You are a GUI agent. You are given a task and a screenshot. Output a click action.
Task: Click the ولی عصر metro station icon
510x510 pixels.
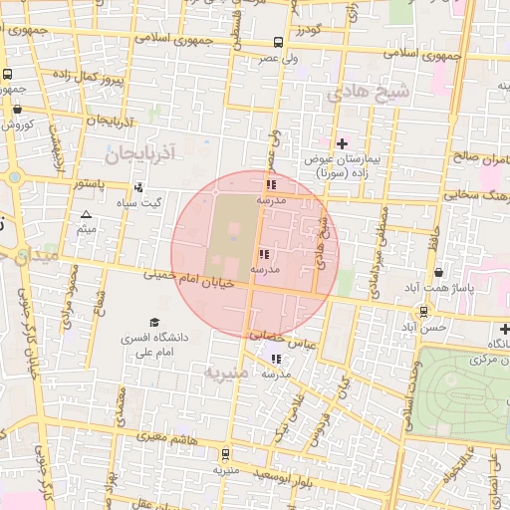pyautogui.click(x=277, y=43)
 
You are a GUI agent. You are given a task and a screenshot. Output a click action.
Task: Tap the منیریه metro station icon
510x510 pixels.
pyautogui.click(x=225, y=453)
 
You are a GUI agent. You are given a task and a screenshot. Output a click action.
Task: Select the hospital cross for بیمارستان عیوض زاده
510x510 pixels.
pyautogui.click(x=342, y=144)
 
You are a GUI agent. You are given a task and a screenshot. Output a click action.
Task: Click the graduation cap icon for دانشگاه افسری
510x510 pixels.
pyautogui.click(x=153, y=322)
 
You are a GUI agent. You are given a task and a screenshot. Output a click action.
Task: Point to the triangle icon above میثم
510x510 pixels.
pyautogui.click(x=86, y=215)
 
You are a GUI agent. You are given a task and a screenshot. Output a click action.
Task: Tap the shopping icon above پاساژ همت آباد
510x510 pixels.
pyautogui.click(x=438, y=273)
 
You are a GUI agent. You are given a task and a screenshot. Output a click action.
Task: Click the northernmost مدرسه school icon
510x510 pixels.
pyautogui.click(x=271, y=184)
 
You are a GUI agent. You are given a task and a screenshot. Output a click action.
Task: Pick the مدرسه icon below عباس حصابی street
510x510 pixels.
pyautogui.click(x=276, y=359)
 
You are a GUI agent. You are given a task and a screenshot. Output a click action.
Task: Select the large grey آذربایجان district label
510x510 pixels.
pyautogui.click(x=139, y=154)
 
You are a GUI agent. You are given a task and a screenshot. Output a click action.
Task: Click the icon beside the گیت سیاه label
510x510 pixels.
pyautogui.click(x=137, y=186)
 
